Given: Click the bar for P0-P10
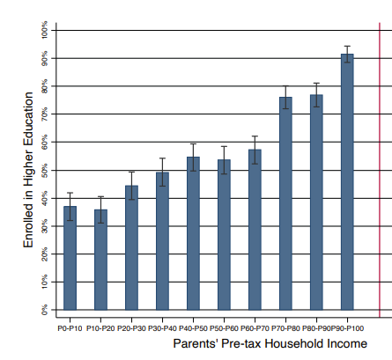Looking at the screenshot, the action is click(70, 258).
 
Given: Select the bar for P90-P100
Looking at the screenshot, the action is click(347, 182).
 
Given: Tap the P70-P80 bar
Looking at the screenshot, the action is click(285, 203).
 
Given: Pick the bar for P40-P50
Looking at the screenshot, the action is click(193, 233).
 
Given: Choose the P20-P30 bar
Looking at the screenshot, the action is click(131, 247).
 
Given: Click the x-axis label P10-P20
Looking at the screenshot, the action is click(100, 328).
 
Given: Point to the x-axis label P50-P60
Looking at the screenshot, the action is click(224, 328).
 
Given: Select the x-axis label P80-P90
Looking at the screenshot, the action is click(316, 328).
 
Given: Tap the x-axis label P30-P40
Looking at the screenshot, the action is click(162, 328).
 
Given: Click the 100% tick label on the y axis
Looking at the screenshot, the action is click(44, 29).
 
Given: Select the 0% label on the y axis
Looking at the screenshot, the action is click(44, 310).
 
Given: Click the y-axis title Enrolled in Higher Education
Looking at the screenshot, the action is click(28, 170).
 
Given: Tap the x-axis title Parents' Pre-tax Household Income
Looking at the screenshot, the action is click(270, 343).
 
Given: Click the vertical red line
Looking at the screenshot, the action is click(380, 170).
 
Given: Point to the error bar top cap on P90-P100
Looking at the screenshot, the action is click(347, 46).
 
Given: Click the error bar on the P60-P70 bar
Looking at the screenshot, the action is click(255, 150).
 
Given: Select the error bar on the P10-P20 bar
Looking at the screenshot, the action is click(100, 209).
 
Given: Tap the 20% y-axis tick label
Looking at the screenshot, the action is click(44, 254).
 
